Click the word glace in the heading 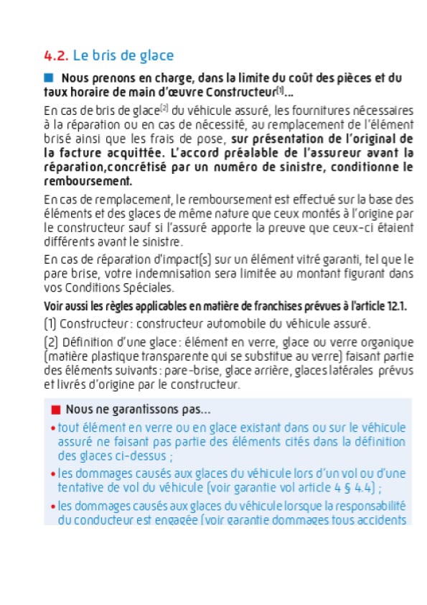tap(159, 55)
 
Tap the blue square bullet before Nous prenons tap(49, 78)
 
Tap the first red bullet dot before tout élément tap(52, 428)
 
